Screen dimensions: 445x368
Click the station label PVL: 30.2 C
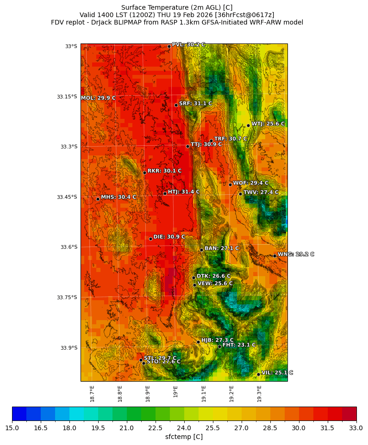click(x=188, y=45)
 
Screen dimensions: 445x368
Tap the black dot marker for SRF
click(x=176, y=105)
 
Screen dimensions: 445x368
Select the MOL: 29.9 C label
click(x=98, y=98)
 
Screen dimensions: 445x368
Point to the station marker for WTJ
click(x=248, y=125)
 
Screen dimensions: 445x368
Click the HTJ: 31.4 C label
click(x=184, y=192)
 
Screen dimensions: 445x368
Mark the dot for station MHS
click(x=98, y=199)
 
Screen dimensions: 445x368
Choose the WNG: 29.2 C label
click(x=296, y=254)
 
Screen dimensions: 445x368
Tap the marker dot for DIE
click(x=150, y=239)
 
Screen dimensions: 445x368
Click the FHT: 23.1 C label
click(x=239, y=345)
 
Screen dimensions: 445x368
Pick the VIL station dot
click(x=258, y=374)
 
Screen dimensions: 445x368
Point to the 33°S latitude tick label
click(x=71, y=46)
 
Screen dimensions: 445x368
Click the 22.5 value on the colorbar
click(x=156, y=428)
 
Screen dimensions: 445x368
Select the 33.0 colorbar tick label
click(x=356, y=428)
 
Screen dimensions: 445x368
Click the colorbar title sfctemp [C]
click(x=184, y=437)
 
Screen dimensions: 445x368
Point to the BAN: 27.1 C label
click(x=222, y=248)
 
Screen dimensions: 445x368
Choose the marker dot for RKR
click(x=144, y=173)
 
